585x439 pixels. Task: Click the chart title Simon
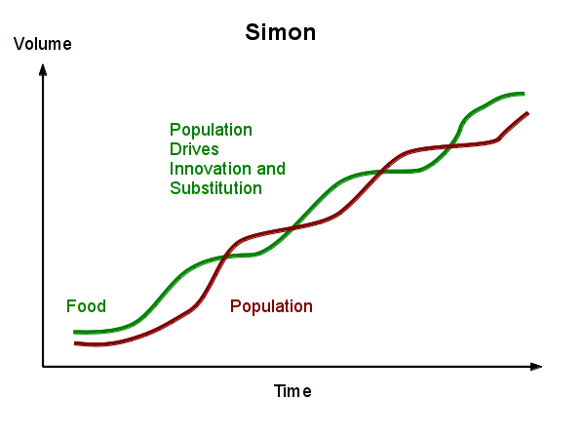pos(280,33)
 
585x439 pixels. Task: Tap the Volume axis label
pos(43,44)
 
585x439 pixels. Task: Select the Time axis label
pos(292,391)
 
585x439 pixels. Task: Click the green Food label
pos(86,306)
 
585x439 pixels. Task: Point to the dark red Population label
pos(271,306)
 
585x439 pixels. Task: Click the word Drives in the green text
pos(194,149)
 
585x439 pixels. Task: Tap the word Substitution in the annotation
pos(215,188)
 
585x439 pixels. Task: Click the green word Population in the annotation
pos(211,130)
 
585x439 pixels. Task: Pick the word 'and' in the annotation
pos(271,169)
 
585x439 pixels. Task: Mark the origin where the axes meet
pos(43,367)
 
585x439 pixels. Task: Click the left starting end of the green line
pos(75,333)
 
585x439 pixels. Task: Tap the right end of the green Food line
pos(524,94)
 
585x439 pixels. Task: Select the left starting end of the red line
pos(75,343)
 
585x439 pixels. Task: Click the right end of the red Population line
pos(527,113)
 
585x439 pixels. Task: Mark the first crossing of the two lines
pos(224,257)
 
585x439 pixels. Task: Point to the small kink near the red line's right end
pos(499,140)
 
